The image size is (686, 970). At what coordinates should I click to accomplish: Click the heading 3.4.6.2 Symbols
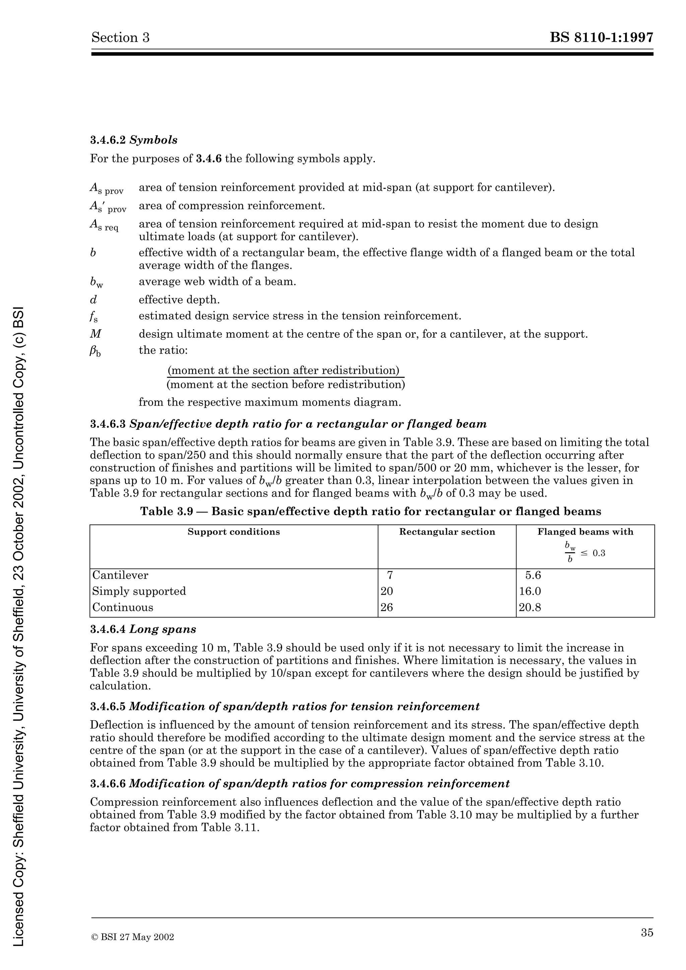[134, 140]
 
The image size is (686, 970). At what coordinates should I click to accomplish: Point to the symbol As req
[104, 226]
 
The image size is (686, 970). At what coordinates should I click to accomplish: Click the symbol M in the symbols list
[96, 334]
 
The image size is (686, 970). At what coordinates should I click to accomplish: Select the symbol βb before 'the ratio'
[95, 351]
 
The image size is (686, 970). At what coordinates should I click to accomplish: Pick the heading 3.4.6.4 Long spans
[143, 629]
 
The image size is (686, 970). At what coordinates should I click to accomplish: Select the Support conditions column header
[234, 532]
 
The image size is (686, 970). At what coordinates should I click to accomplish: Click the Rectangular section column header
[447, 532]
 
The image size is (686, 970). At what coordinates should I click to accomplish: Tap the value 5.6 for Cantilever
[533, 575]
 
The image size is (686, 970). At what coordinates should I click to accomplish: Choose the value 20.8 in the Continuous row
[530, 608]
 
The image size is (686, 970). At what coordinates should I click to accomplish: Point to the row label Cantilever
[120, 575]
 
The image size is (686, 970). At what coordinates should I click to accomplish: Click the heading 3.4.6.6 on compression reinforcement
[300, 784]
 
